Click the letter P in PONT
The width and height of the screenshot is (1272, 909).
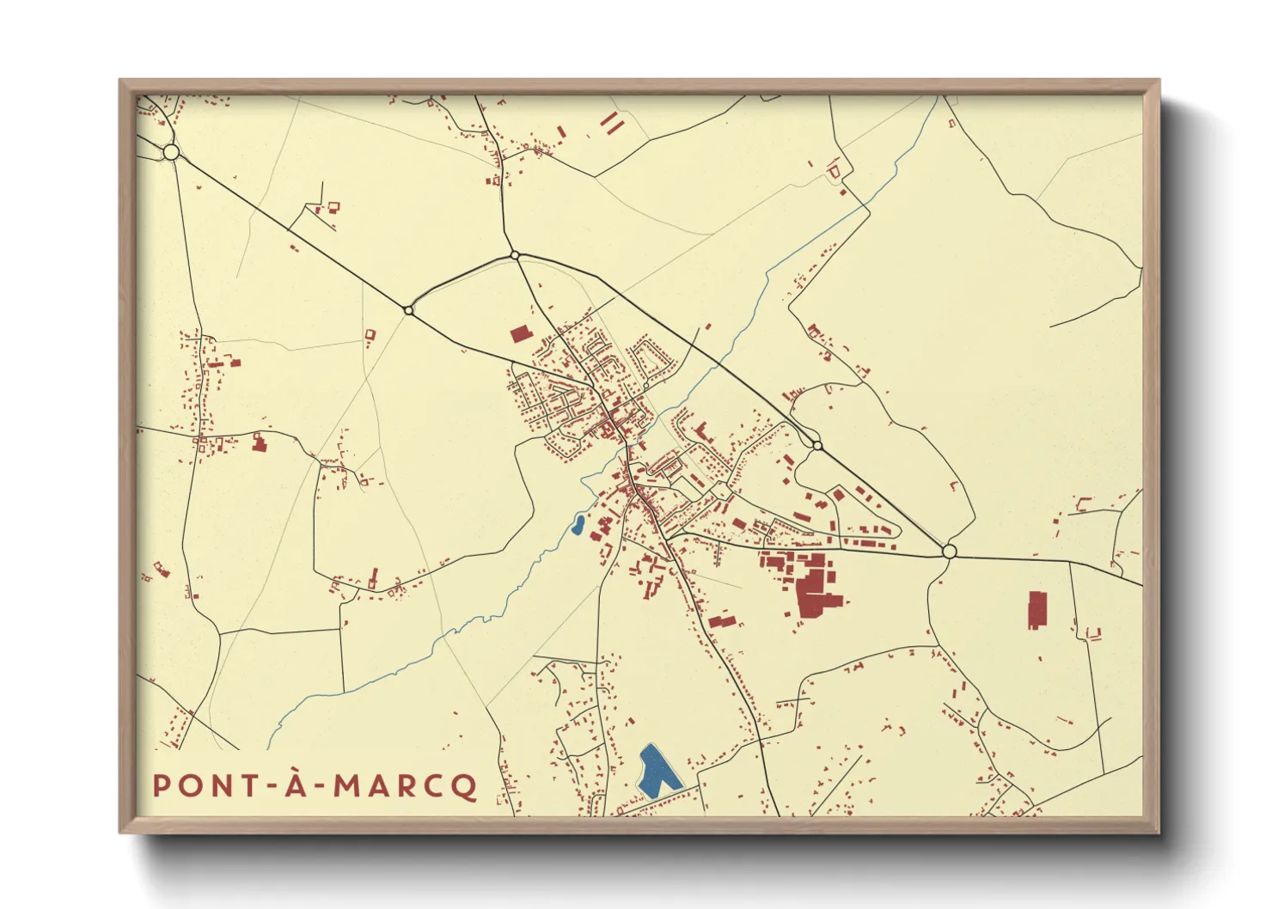pyautogui.click(x=161, y=785)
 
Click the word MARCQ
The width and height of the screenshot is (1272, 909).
pyautogui.click(x=405, y=785)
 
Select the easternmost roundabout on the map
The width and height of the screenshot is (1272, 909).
pyautogui.click(x=949, y=551)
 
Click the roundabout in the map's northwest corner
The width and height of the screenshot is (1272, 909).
pyautogui.click(x=171, y=152)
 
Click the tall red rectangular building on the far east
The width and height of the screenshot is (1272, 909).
pyautogui.click(x=1037, y=609)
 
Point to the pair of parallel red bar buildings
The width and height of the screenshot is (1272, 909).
pyautogui.click(x=611, y=123)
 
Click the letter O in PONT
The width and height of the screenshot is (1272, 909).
pyautogui.click(x=188, y=785)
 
